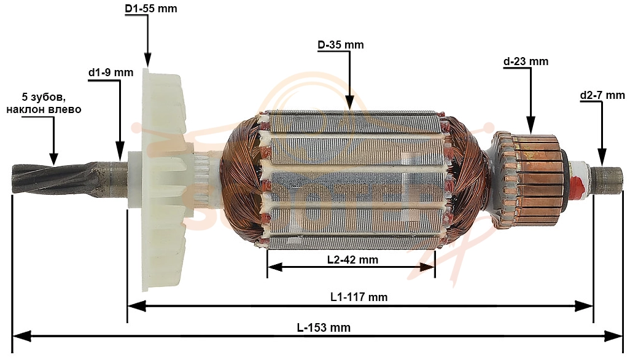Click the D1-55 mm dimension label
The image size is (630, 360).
[150, 9]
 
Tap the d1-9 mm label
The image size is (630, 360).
[111, 72]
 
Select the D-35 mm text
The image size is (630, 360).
[341, 45]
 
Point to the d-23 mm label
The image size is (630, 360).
[526, 61]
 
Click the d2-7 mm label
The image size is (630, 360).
[602, 95]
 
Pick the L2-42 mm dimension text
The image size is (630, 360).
[353, 259]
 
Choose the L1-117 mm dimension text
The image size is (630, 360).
[359, 297]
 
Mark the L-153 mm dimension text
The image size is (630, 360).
[324, 327]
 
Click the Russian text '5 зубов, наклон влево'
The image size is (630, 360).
[44, 103]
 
